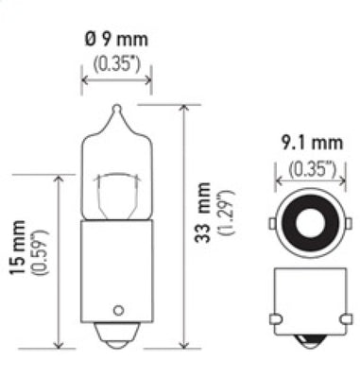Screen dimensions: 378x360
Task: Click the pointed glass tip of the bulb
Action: click(115, 111)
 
